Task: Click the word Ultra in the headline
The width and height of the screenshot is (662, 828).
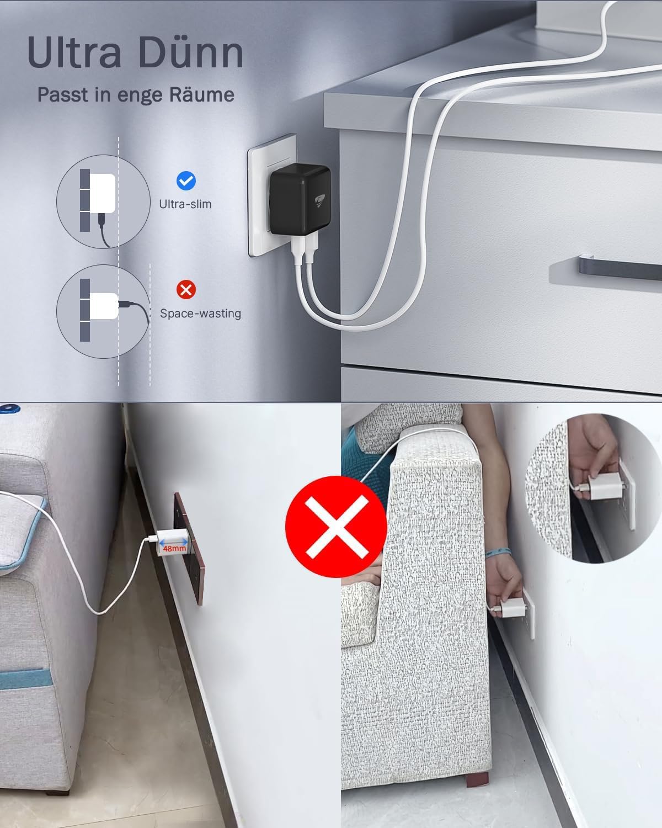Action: [x=74, y=52]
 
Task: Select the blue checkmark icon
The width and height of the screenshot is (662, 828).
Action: [x=186, y=181]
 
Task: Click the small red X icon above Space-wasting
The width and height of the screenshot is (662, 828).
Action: [x=186, y=289]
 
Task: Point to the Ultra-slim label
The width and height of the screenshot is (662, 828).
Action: [x=185, y=204]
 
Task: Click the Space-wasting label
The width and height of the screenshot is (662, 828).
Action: [x=200, y=314]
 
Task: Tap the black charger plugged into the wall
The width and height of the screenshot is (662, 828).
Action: [x=300, y=199]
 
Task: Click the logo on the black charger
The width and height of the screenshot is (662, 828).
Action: [x=319, y=200]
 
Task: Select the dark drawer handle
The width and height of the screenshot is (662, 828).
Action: [x=620, y=268]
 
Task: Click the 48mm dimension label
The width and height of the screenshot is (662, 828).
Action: [x=174, y=548]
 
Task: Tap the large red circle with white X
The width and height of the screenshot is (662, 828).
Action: [x=336, y=527]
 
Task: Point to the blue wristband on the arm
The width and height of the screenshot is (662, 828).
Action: [x=498, y=553]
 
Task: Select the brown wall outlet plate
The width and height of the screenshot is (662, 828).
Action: [x=189, y=549]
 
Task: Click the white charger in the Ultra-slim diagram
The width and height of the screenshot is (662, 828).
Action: [x=103, y=193]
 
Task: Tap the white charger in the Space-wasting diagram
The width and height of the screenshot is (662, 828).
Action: [x=104, y=306]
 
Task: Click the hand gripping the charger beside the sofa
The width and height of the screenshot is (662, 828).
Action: [x=504, y=582]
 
